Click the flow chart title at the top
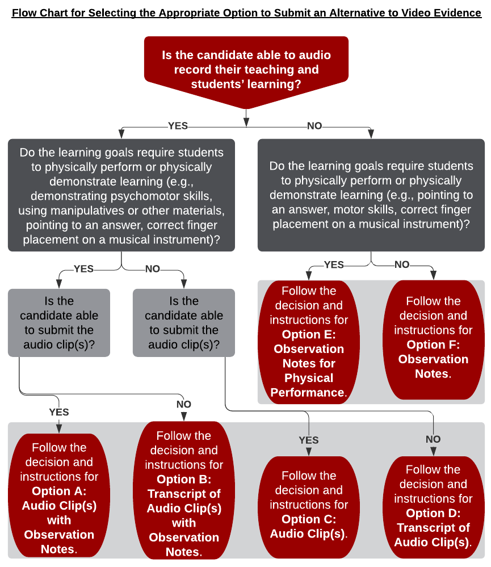pos(246,12)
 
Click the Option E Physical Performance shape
pos(309,342)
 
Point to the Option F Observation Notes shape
pos(433,338)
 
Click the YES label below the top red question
pos(178,126)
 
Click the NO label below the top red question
pos(314,126)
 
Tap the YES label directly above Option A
pos(59,411)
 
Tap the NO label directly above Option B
pos(184,404)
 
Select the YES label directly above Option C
pos(309,440)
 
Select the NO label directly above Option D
pos(433,439)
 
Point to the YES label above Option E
pos(334,264)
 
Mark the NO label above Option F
pos(402,264)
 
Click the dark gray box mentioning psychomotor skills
pos(121,195)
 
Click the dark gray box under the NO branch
pos(371,195)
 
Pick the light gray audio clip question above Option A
pos(59,323)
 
